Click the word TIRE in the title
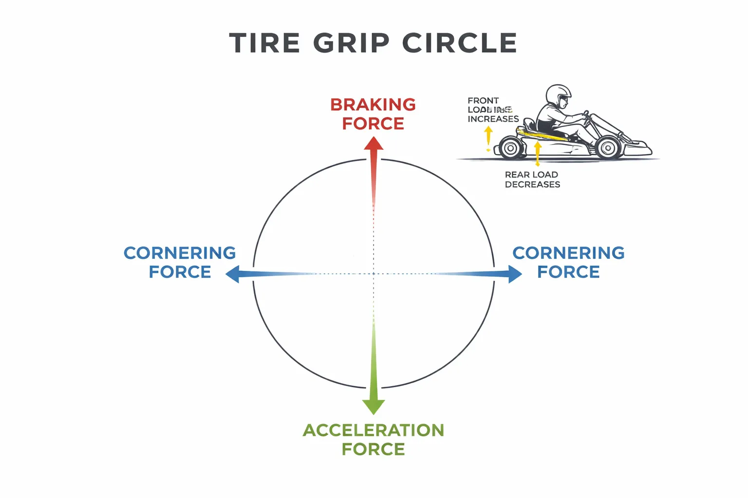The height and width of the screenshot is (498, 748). (264, 43)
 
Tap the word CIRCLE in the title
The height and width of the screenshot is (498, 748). (459, 43)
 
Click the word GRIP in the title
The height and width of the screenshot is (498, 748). (351, 43)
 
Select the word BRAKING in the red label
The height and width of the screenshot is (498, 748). (373, 105)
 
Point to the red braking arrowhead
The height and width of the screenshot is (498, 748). (374, 144)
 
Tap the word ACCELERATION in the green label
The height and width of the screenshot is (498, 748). (374, 430)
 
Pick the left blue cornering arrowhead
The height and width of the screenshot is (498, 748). (233, 274)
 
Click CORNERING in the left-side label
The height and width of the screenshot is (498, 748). (180, 253)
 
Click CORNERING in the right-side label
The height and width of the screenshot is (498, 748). (568, 253)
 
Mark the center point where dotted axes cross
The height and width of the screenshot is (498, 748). (374, 274)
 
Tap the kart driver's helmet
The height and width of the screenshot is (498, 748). (558, 94)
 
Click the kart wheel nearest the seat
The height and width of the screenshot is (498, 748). (511, 148)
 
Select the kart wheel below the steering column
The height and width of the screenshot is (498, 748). (609, 147)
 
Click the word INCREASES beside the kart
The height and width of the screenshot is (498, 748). (493, 119)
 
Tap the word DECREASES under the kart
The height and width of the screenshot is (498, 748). (532, 185)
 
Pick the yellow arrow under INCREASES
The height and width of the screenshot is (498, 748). (488, 138)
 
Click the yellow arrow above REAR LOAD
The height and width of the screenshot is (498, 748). (538, 153)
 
